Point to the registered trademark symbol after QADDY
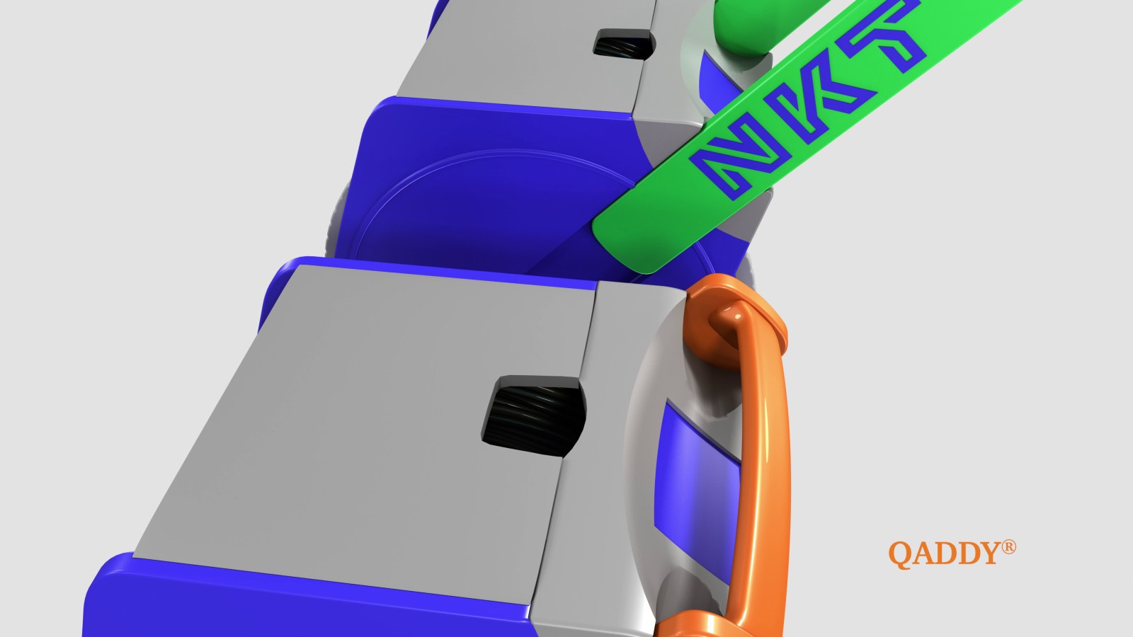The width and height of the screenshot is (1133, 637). pyautogui.click(x=1008, y=548)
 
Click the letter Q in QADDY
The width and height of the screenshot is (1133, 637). pyautogui.click(x=901, y=555)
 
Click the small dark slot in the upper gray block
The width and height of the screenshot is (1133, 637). pyautogui.click(x=624, y=44)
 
